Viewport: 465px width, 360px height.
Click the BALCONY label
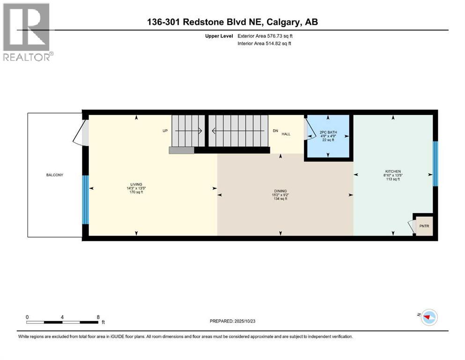click(54, 175)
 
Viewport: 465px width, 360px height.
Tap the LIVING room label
click(136, 184)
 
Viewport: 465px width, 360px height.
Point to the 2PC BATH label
click(327, 132)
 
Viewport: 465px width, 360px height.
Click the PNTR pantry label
click(424, 227)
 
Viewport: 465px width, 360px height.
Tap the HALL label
click(286, 134)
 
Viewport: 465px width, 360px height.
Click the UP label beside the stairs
click(165, 131)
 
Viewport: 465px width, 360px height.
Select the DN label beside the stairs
click(275, 131)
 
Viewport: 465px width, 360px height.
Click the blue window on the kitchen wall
click(435, 164)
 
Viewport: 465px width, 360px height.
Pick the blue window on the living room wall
click(85, 200)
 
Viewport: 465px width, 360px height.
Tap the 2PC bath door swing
click(309, 128)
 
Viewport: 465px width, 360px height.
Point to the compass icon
click(428, 317)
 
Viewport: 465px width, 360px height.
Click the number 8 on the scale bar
click(97, 317)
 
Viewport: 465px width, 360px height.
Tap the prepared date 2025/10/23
click(252, 321)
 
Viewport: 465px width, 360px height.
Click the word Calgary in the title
click(284, 22)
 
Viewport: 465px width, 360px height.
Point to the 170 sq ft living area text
click(136, 192)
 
